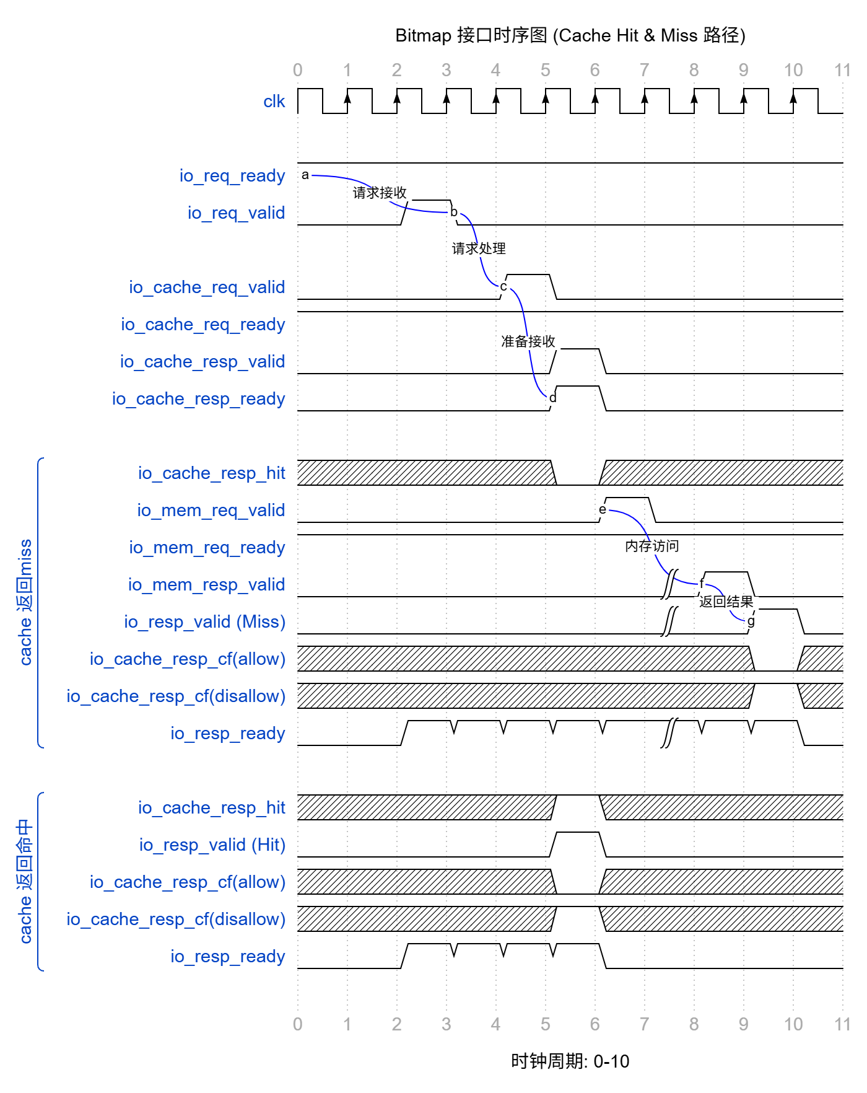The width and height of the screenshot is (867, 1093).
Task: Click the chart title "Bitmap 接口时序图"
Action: pyautogui.click(x=570, y=35)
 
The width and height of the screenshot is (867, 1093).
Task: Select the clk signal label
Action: pyautogui.click(x=274, y=101)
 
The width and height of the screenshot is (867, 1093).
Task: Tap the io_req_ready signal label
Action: pyautogui.click(x=232, y=175)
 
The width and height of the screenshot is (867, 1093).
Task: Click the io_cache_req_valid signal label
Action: pyautogui.click(x=207, y=287)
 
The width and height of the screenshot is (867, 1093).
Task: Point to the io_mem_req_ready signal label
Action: pyautogui.click(x=207, y=547)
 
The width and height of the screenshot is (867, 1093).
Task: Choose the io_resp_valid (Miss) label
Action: pyautogui.click(x=204, y=621)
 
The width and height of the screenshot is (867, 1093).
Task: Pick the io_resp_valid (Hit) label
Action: pyautogui.click(x=212, y=845)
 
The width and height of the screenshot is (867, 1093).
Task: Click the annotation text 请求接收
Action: pyautogui.click(x=380, y=193)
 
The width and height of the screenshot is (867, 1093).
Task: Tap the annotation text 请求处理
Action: pyautogui.click(x=479, y=248)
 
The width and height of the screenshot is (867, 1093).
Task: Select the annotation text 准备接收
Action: pyautogui.click(x=528, y=341)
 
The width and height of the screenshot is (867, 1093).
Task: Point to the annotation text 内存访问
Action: pyautogui.click(x=652, y=546)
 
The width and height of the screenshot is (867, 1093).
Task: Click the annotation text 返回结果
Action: pyautogui.click(x=726, y=602)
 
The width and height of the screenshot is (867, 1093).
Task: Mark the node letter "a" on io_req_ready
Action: pyautogui.click(x=305, y=175)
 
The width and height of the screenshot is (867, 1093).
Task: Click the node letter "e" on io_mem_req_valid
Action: pyautogui.click(x=602, y=509)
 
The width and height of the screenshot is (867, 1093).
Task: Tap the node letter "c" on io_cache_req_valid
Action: pyautogui.click(x=503, y=286)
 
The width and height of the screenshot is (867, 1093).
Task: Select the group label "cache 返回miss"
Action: pyautogui.click(x=25, y=602)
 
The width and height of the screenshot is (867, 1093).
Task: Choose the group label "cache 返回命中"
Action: pyautogui.click(x=25, y=881)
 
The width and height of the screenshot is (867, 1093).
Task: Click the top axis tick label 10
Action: pyautogui.click(x=793, y=70)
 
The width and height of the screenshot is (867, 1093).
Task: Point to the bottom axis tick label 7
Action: pyautogui.click(x=644, y=1024)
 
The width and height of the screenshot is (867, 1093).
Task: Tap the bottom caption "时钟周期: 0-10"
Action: pyautogui.click(x=570, y=1061)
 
